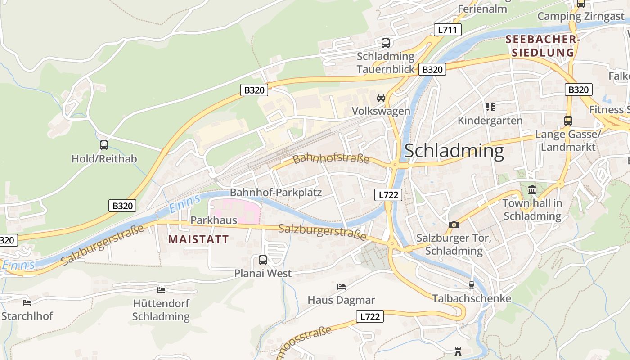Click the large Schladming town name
454,151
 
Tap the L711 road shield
447,30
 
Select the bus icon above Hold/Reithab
104,145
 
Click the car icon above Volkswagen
381,97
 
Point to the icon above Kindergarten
490,107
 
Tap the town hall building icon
532,189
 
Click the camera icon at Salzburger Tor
454,225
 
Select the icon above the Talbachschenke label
471,285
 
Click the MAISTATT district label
198,239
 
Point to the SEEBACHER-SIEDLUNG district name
540,46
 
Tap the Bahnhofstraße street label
331,159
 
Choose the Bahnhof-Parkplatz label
276,193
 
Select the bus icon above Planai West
262,260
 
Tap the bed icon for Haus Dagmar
341,286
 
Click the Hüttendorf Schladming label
161,310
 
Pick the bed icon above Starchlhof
27,302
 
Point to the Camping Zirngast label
580,17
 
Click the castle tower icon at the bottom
458,351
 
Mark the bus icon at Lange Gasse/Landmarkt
568,121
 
